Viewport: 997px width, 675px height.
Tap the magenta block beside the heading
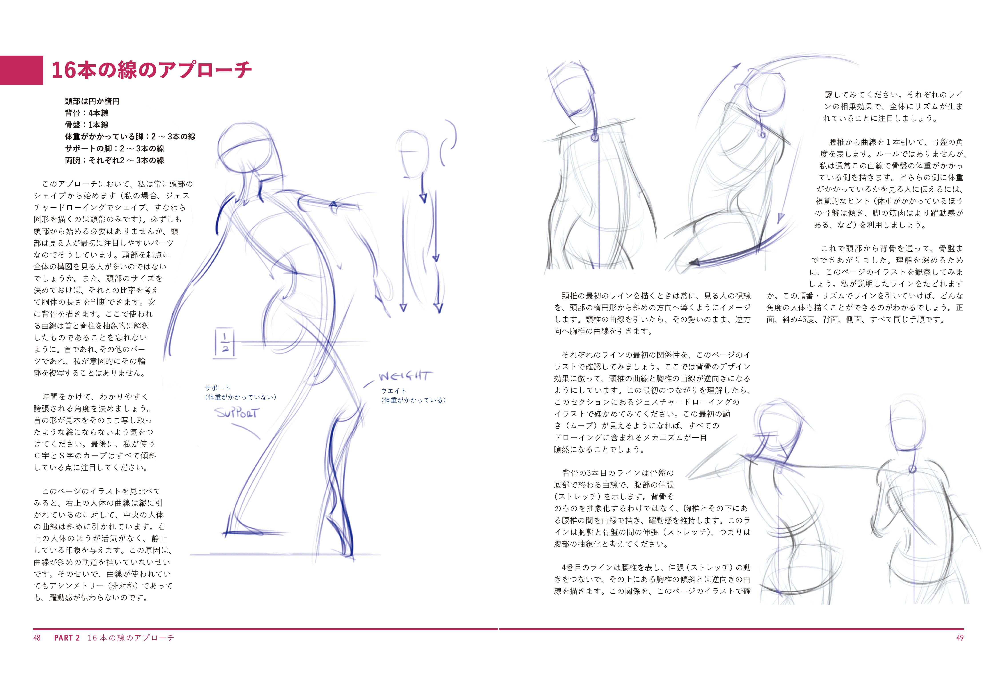[x=22, y=70]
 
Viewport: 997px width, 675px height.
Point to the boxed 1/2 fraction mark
[x=225, y=342]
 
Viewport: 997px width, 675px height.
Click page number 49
[x=960, y=638]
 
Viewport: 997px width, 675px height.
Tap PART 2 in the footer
[x=67, y=638]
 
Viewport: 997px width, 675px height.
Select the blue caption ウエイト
[x=393, y=391]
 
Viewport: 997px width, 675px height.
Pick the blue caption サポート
[x=217, y=388]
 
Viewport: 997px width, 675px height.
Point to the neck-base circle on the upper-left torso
[x=595, y=137]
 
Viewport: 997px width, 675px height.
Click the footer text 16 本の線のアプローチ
[x=131, y=638]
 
